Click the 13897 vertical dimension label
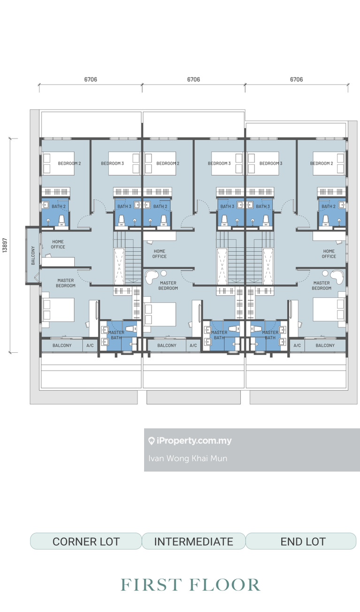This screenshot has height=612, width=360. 5,244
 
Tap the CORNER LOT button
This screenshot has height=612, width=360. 86,541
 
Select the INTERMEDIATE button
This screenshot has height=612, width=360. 193,541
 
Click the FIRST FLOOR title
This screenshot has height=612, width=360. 190,585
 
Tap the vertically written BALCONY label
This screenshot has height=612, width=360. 33,256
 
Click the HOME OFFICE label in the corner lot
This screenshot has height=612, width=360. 58,244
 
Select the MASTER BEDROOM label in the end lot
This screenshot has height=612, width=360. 322,285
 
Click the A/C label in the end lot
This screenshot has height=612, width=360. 297,345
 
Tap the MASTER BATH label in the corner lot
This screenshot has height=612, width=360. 116,335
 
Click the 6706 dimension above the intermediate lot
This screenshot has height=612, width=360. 193,79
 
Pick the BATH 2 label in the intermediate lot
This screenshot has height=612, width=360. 160,206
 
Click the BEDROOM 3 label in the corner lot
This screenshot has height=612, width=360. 112,163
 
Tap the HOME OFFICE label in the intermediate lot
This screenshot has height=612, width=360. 160,254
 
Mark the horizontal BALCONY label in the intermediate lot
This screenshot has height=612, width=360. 167,345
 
